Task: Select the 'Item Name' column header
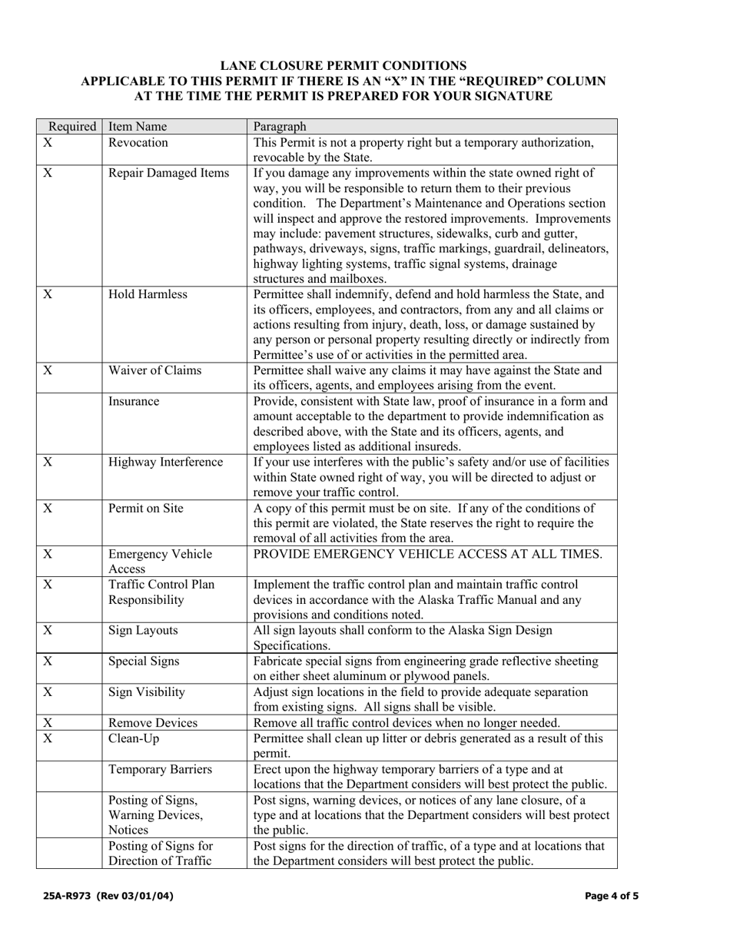coord(138,127)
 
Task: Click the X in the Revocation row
coord(48,143)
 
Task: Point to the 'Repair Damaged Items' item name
coord(168,173)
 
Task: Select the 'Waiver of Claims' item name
coord(154,370)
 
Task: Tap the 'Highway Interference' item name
coord(165,462)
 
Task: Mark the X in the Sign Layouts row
coord(48,631)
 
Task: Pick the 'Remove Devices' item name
coord(153,722)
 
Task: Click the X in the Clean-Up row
coord(48,738)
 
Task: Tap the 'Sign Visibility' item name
coord(147,691)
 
